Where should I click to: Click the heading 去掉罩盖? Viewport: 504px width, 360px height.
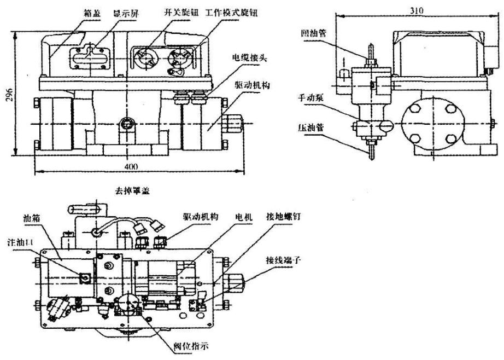click(x=134, y=191)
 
